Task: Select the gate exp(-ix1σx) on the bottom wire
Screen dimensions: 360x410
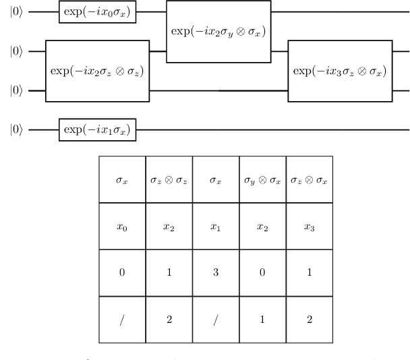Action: [98, 129]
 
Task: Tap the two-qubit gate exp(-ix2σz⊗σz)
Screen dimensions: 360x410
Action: [97, 71]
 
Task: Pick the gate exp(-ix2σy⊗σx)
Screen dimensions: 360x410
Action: [218, 32]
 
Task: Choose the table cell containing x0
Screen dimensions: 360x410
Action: [122, 227]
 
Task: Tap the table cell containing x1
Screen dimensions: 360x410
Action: [216, 227]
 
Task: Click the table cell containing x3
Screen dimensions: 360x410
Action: [310, 227]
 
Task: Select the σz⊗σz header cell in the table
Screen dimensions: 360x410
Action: [169, 181]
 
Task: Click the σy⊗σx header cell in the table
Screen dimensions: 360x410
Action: [263, 181]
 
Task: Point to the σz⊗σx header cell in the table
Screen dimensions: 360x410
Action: [310, 181]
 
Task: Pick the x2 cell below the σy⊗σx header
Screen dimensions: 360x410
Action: [263, 227]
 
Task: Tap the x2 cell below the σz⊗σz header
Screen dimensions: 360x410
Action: [169, 227]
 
